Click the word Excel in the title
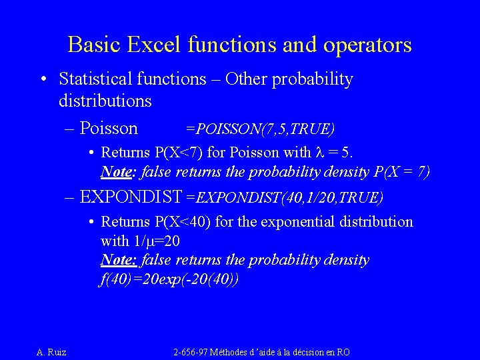tap(151, 45)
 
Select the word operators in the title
tap(367, 45)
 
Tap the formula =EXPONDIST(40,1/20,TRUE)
tap(285, 197)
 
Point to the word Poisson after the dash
tap(108, 128)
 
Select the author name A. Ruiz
tap(51, 351)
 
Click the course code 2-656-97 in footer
tap(191, 351)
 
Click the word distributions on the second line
tap(105, 101)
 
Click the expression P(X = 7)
tap(402, 172)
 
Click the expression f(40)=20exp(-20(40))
tap(169, 279)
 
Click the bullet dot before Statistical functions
tap(43, 80)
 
